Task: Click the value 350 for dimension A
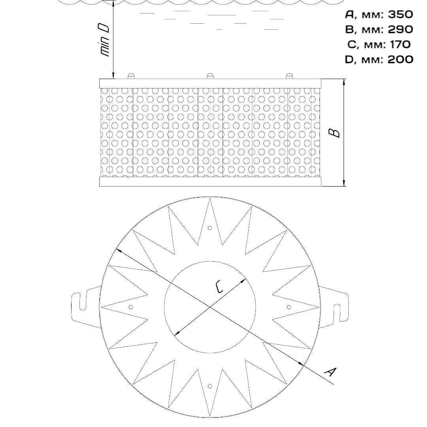[400, 15]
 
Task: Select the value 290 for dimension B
[400, 29]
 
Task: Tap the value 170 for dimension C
[400, 44]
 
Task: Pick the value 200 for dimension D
[400, 59]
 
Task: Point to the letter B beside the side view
[334, 133]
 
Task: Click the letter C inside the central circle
[219, 287]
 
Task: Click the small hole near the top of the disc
[210, 228]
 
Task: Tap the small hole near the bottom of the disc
[210, 386]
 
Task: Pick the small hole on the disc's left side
[131, 307]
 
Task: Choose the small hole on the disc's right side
[289, 307]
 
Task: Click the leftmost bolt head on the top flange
[131, 76]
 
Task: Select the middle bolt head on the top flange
[210, 76]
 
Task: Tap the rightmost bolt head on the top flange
[289, 76]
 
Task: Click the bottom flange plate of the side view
[210, 181]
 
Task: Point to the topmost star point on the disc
[210, 198]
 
